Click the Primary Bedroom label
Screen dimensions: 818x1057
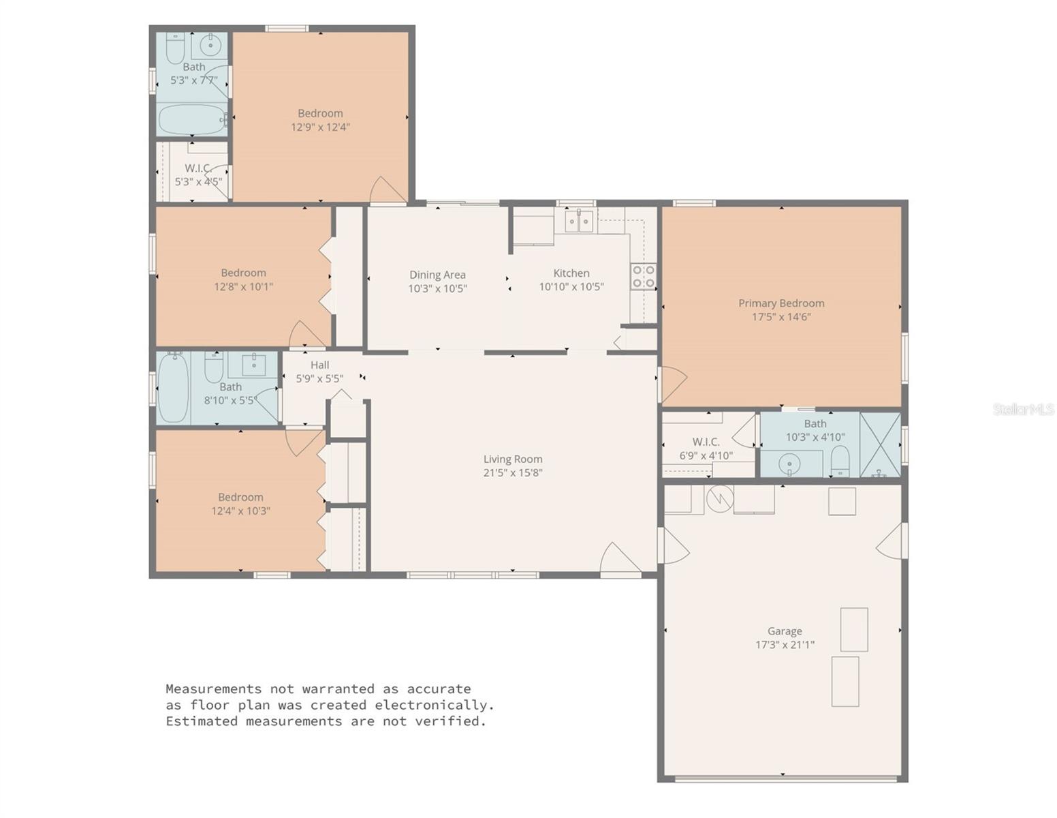[781, 303]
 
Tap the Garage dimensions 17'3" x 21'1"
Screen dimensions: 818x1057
[785, 645]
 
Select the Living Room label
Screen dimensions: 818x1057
[513, 459]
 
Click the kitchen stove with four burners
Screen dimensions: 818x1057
[644, 276]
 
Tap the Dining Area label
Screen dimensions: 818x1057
[437, 275]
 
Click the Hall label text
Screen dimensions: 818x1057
[319, 365]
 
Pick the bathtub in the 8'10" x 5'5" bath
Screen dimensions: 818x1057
[173, 388]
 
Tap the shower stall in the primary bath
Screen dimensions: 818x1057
[880, 444]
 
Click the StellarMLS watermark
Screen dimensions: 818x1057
[1023, 409]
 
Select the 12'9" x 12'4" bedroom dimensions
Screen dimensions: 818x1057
[320, 127]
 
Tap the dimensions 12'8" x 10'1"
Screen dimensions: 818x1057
[243, 287]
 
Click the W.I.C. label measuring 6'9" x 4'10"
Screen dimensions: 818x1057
[706, 442]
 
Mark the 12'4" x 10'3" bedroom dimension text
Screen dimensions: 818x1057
[240, 511]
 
